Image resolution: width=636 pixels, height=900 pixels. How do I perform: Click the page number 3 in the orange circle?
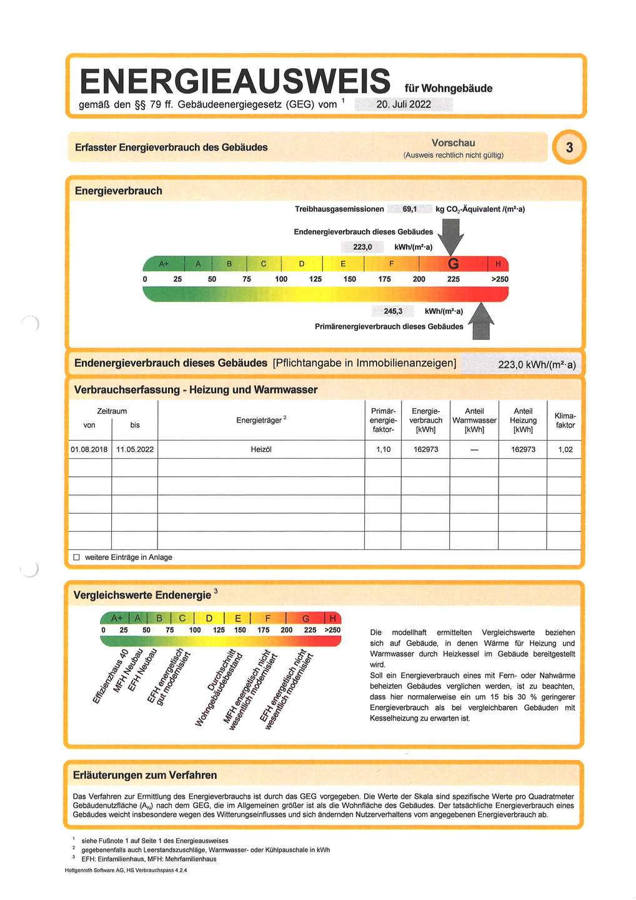point(569,147)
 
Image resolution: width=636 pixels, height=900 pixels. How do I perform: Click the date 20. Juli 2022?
point(404,104)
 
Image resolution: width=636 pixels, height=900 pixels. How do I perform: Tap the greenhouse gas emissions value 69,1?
point(410,209)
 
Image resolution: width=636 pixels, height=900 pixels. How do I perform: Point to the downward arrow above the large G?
point(450,236)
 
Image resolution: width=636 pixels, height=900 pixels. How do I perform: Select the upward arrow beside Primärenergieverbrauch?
point(480,321)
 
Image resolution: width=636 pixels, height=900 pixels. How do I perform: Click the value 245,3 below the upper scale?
point(393,311)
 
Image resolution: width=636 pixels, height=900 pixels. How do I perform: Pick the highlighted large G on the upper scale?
point(454,264)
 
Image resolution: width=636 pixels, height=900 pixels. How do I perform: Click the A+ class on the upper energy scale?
point(164,264)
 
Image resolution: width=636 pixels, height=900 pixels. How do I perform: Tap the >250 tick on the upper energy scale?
point(500,279)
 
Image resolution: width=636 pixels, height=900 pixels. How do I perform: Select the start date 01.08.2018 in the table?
point(89,449)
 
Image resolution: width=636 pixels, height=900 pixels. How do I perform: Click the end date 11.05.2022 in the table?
point(135,449)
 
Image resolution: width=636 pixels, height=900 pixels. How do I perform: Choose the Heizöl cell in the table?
point(261,449)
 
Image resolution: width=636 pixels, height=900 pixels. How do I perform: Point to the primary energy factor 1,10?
point(384,449)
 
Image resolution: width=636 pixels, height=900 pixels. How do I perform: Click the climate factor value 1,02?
point(565,449)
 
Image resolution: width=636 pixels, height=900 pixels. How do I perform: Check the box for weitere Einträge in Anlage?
point(77,557)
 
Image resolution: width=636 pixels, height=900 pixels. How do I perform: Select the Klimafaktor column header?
point(565,420)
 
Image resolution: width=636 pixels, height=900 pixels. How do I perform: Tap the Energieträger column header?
point(261,420)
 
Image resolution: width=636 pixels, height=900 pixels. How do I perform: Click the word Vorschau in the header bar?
point(453,142)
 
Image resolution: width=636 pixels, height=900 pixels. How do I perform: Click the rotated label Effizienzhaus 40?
point(111,676)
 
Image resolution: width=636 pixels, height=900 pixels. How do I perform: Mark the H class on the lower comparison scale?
point(333,618)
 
